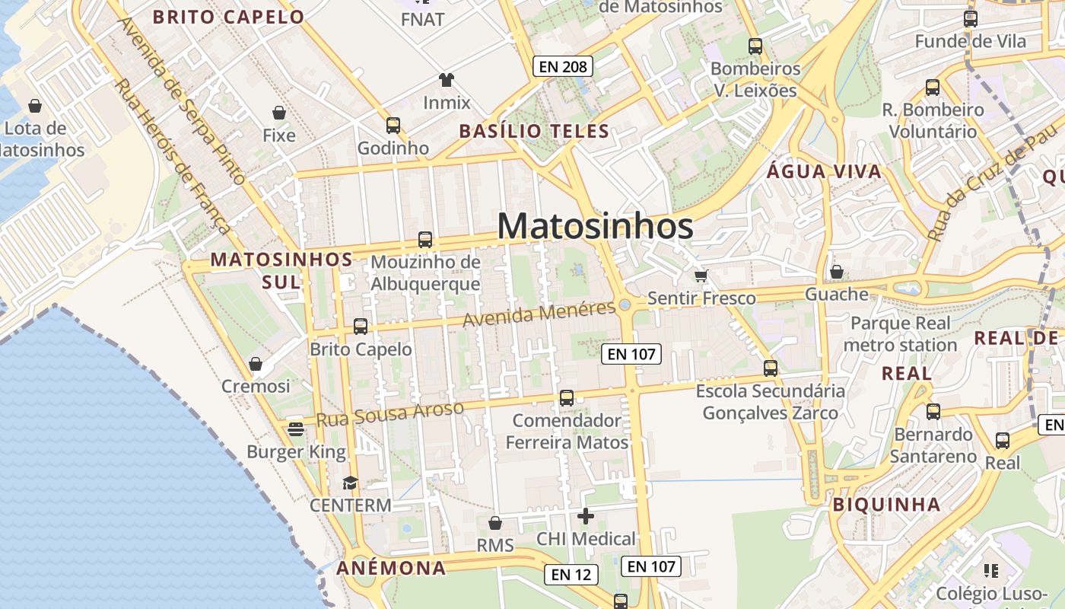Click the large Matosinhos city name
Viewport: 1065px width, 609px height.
click(595, 227)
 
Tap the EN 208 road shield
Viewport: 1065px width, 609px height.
click(563, 66)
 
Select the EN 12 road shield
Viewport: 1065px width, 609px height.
click(571, 575)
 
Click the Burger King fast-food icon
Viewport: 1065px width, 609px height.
click(296, 429)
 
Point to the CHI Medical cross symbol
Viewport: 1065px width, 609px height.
click(586, 517)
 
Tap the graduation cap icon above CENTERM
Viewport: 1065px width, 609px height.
click(350, 483)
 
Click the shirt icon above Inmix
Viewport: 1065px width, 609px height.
click(447, 79)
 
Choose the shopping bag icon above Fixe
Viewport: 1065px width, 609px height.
click(279, 113)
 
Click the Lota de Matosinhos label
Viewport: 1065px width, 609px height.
click(43, 139)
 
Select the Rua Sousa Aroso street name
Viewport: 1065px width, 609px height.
click(389, 413)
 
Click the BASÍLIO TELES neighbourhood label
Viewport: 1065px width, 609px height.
click(534, 131)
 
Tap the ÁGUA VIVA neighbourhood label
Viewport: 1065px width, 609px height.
click(824, 171)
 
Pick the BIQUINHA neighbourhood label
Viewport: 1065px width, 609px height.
click(886, 504)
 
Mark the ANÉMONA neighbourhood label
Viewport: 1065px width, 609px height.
click(391, 568)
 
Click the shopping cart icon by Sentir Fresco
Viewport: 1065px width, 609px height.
click(701, 276)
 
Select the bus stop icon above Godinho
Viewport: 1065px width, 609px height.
click(393, 126)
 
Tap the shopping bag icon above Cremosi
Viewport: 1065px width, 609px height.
click(256, 364)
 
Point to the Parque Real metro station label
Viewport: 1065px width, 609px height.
click(901, 334)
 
